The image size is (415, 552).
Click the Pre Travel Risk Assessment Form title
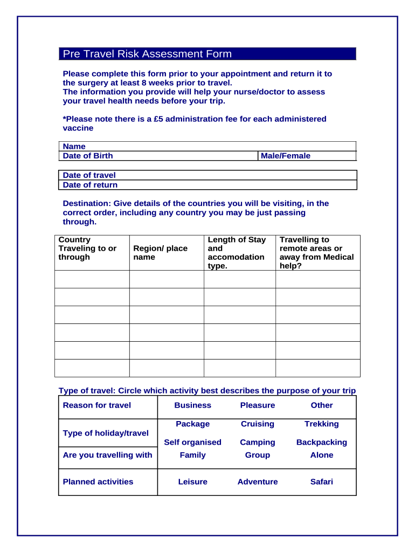tap(147, 54)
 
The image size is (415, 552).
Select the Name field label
tap(74, 146)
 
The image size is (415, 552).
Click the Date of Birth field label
tap(88, 156)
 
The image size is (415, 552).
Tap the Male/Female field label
tap(286, 156)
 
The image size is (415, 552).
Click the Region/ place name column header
tap(160, 253)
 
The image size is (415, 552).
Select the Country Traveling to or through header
tap(87, 249)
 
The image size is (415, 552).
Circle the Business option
tap(192, 405)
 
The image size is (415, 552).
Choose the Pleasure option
tap(258, 405)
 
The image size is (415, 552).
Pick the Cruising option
tap(258, 424)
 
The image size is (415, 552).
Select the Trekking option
tap(322, 424)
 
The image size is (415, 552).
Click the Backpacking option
tap(322, 443)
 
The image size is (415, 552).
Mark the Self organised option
tap(192, 443)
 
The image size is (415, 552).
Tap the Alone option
tap(322, 456)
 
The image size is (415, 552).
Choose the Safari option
tap(322, 482)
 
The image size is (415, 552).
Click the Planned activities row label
tap(98, 482)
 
